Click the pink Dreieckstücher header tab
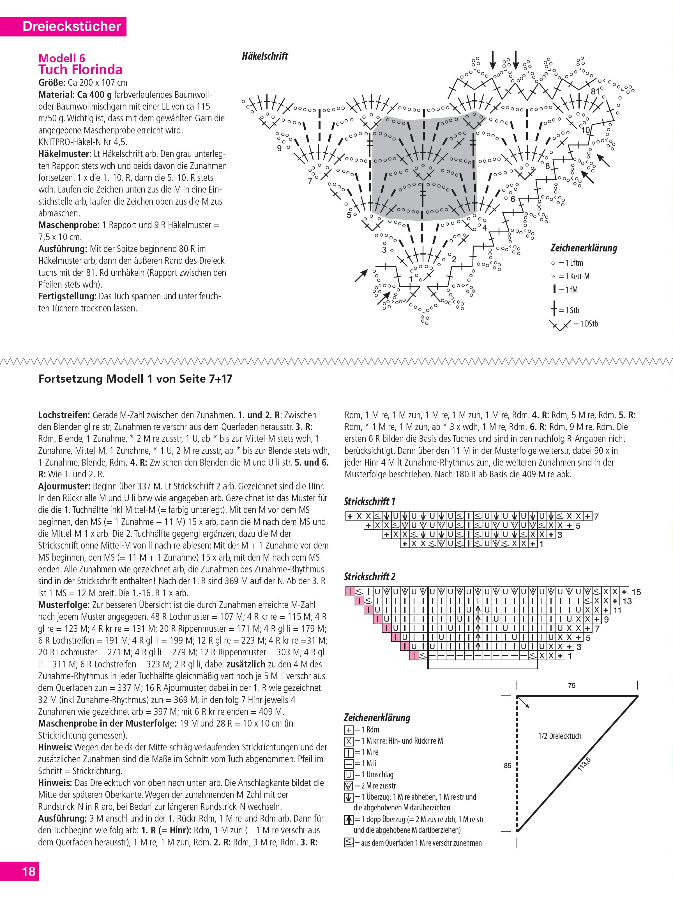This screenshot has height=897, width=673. tap(72, 26)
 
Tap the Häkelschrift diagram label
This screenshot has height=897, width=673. tap(265, 56)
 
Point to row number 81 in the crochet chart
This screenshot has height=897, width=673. tap(595, 92)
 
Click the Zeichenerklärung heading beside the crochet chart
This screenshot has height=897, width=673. tap(584, 248)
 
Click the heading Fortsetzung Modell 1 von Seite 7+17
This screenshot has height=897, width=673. tap(135, 379)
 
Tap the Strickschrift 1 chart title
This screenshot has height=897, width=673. tap(369, 502)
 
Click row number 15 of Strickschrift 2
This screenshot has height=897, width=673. tap(636, 592)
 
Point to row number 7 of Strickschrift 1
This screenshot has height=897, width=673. tap(596, 517)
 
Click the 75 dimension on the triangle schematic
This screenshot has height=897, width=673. tap(571, 685)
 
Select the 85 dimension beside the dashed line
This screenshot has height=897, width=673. tap(508, 766)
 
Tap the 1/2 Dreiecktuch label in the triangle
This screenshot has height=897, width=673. tap(559, 736)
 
